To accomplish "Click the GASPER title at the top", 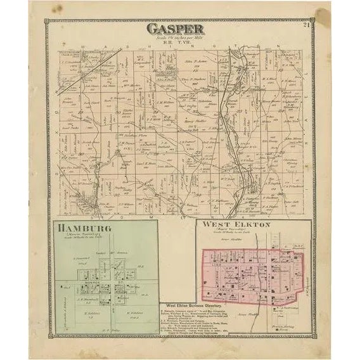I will pyautogui.click(x=175, y=29).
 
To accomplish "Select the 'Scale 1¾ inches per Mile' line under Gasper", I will pyautogui.click(x=175, y=37).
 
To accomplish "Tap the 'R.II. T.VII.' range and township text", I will pyautogui.click(x=175, y=42).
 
